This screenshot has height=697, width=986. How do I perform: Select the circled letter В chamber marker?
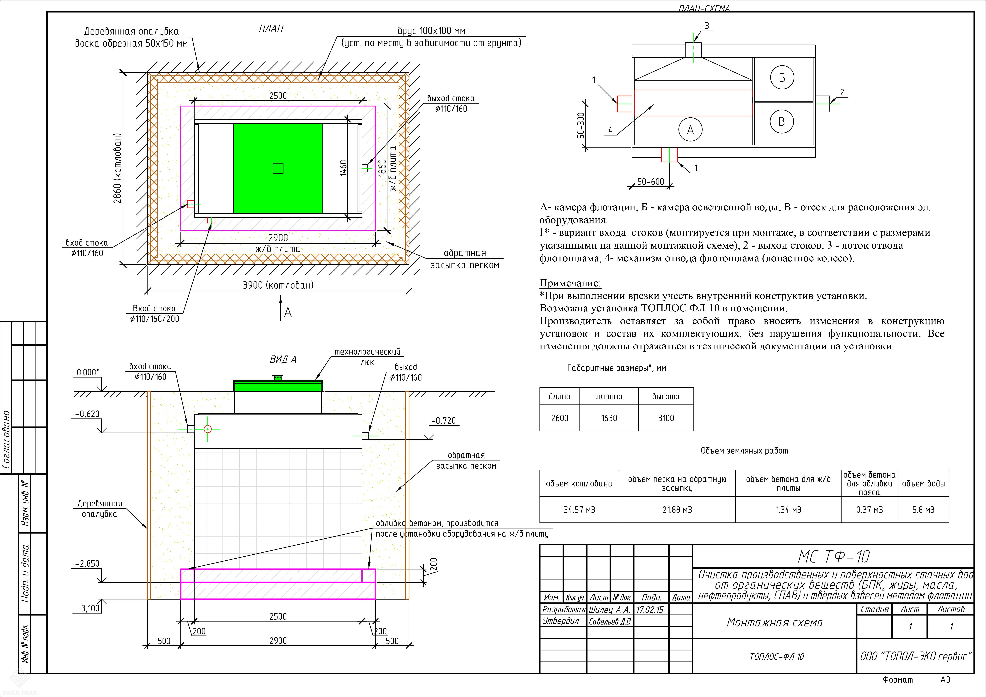[x=782, y=122]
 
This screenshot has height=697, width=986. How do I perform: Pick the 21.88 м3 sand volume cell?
[x=677, y=510]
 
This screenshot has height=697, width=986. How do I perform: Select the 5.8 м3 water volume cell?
[x=923, y=510]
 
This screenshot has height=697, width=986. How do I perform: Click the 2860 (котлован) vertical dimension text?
[x=117, y=168]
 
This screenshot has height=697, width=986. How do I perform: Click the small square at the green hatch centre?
[x=278, y=168]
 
